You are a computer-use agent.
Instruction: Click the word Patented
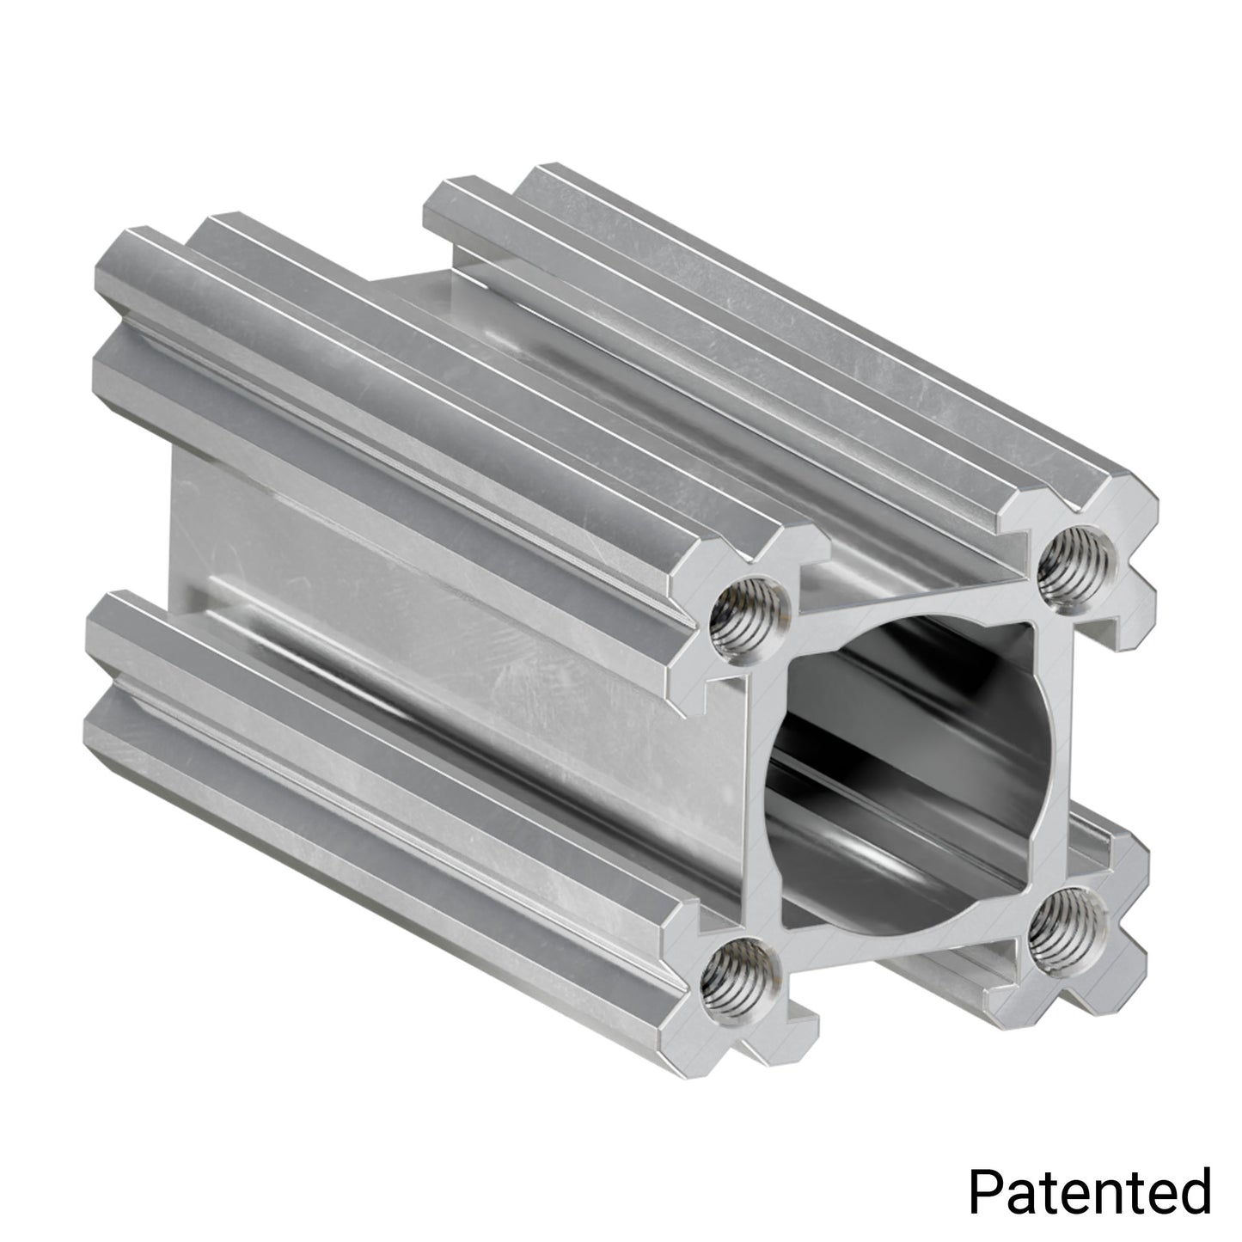[1089, 1190]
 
